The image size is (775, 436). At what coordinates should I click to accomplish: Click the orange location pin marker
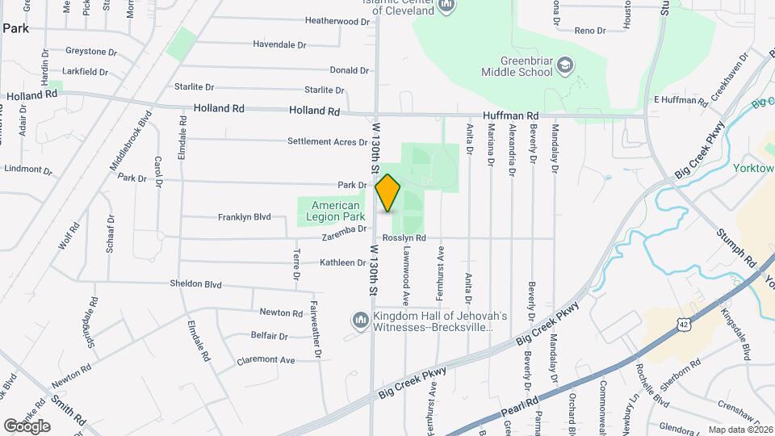click(x=388, y=193)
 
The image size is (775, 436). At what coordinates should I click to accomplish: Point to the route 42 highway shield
click(x=683, y=324)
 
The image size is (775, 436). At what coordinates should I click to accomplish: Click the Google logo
click(x=27, y=426)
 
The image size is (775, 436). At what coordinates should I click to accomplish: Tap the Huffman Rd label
click(x=510, y=116)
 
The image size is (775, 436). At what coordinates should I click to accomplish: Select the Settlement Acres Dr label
click(x=327, y=141)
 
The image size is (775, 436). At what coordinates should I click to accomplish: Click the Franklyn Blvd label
click(x=244, y=217)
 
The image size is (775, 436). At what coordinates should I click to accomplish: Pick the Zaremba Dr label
click(x=345, y=228)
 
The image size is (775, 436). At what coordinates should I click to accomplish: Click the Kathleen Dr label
click(x=342, y=262)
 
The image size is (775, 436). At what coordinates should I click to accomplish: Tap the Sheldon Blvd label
click(x=195, y=284)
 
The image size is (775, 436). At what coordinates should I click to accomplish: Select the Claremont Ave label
click(x=266, y=360)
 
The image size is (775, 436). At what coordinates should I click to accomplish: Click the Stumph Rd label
click(x=735, y=248)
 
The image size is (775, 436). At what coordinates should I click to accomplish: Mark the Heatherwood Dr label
click(x=337, y=22)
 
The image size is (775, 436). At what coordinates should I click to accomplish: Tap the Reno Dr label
click(x=589, y=30)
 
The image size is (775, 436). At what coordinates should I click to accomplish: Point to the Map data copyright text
click(x=738, y=430)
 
